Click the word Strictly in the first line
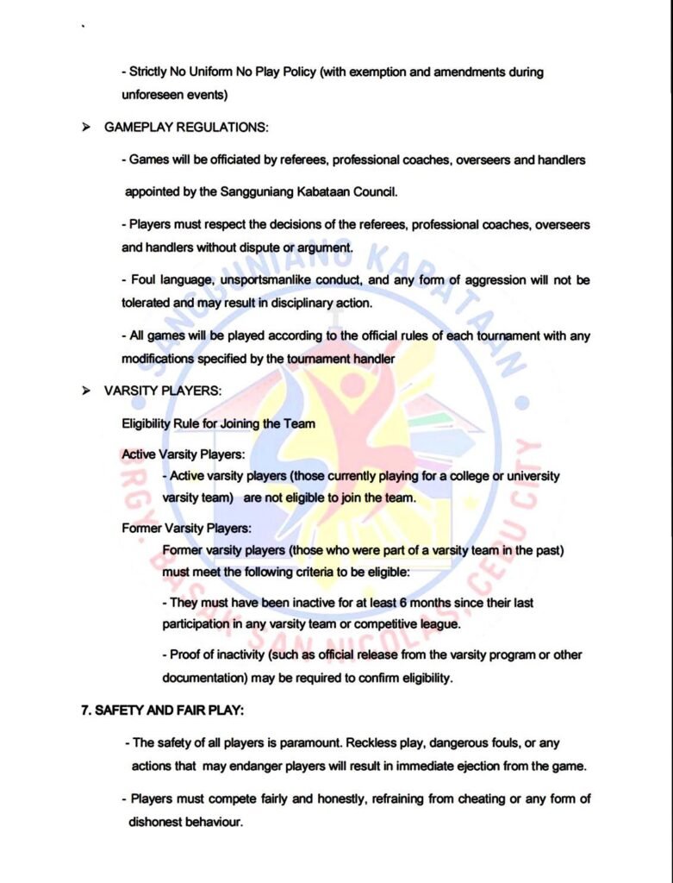coord(149,72)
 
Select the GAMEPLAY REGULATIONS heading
coord(186,127)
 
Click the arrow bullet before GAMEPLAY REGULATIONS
coord(86,127)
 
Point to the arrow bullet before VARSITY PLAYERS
coord(86,390)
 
